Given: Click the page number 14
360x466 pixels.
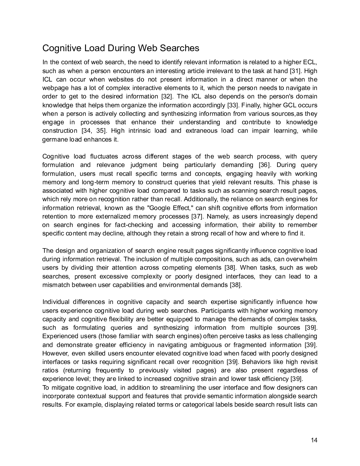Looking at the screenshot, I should (x=314, y=440).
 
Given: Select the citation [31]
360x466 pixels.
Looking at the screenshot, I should (x=295, y=71).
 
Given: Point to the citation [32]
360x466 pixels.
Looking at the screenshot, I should (x=167, y=97).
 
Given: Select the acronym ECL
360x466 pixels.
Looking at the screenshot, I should (x=310, y=62).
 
